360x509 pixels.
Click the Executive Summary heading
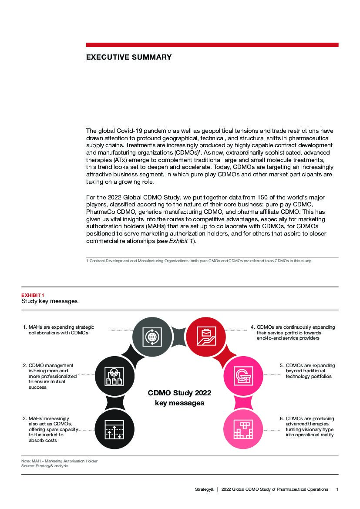[129, 57]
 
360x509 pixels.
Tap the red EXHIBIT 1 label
[33, 295]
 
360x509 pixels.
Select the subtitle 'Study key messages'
[50, 301]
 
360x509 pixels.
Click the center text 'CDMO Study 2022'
[179, 393]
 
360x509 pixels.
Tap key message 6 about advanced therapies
[310, 427]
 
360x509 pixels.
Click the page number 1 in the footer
[337, 489]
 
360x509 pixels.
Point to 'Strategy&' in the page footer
[204, 489]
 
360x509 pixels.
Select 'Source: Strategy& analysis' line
[45, 466]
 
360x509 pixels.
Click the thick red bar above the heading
[212, 45]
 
